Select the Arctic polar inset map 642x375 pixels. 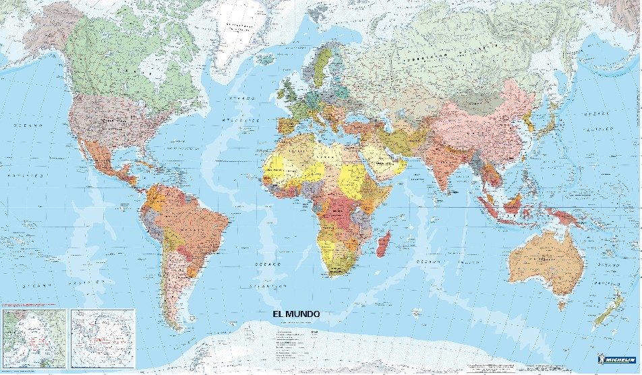[34, 337]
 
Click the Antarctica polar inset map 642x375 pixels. [103, 337]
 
